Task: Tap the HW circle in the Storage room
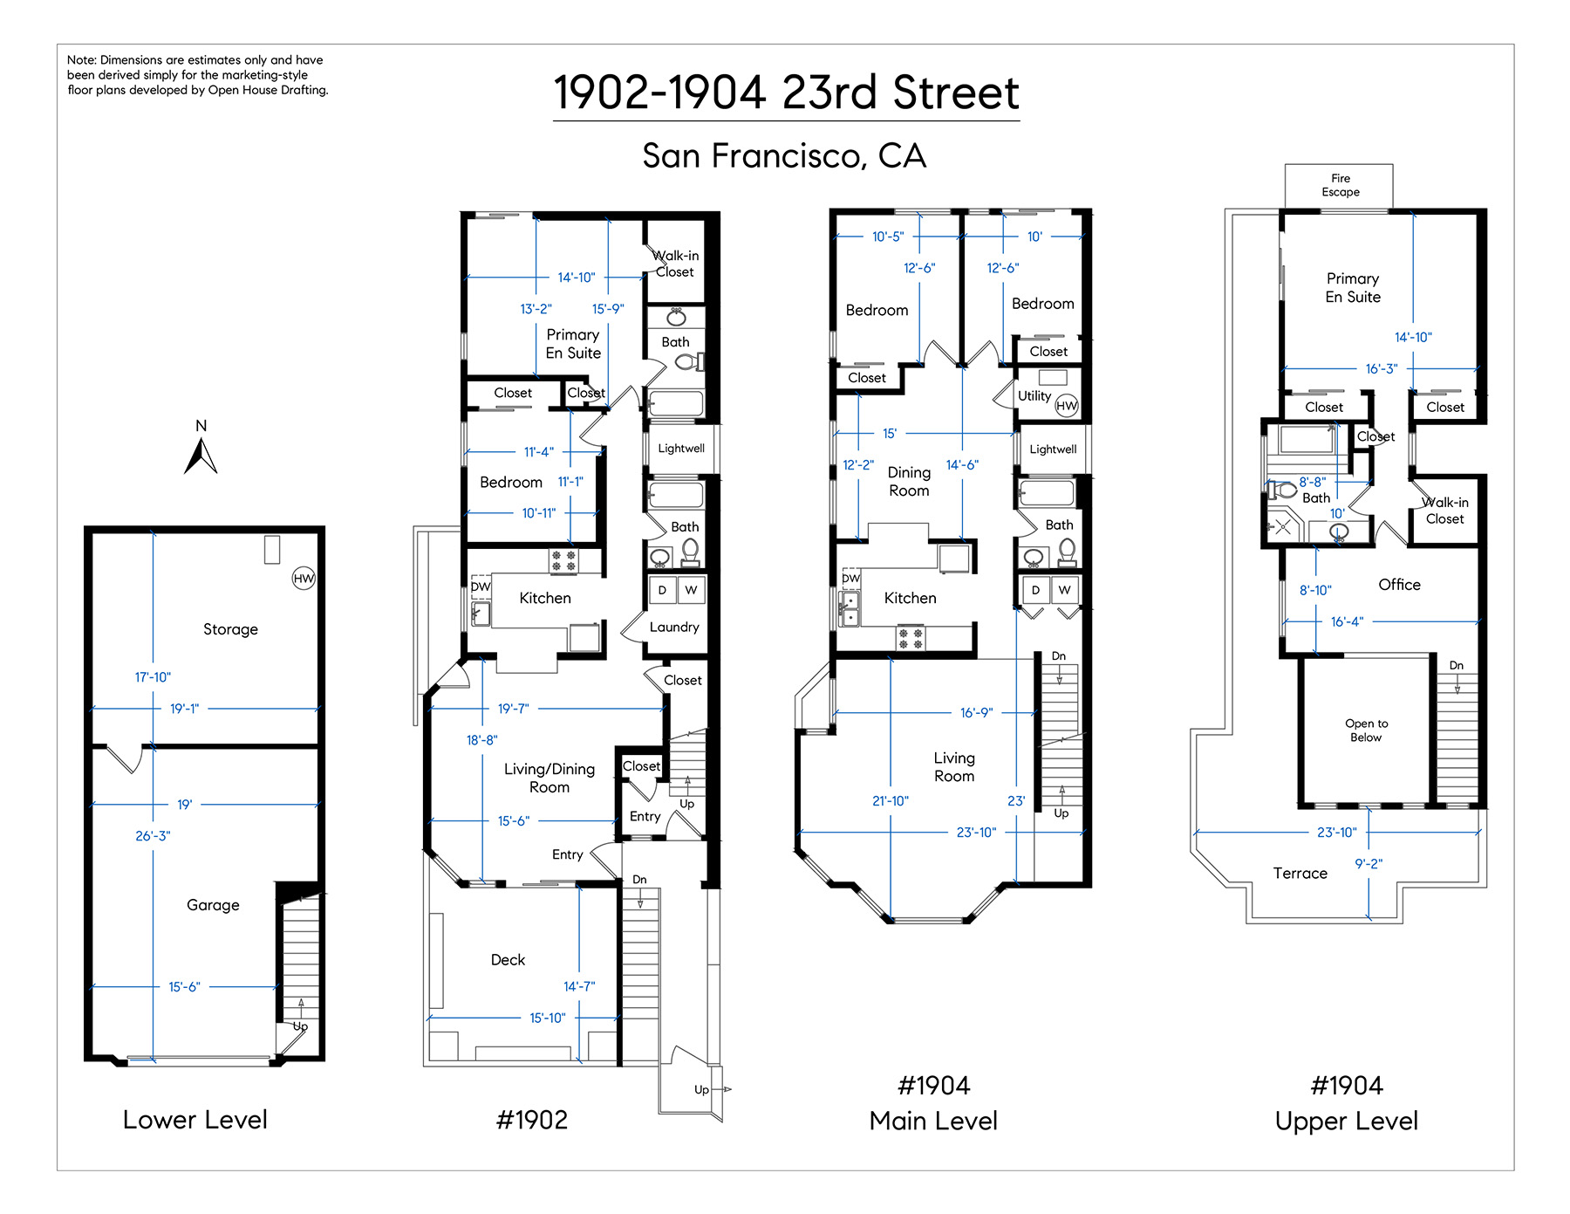(304, 578)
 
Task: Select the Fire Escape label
(1340, 185)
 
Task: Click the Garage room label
(213, 905)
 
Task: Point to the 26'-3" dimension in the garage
(153, 836)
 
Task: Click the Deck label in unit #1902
(508, 960)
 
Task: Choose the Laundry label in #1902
(674, 628)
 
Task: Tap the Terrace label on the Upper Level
(1300, 874)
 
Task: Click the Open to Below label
(1366, 730)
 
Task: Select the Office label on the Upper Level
(1399, 585)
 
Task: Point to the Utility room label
(1034, 396)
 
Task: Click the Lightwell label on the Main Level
(1053, 449)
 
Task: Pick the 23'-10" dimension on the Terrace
(1336, 833)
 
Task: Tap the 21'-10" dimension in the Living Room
(890, 801)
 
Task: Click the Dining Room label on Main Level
(909, 482)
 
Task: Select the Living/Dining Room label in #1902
(549, 778)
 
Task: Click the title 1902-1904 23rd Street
(786, 93)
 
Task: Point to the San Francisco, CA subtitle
(784, 156)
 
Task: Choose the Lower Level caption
(195, 1120)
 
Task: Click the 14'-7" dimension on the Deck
(579, 986)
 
